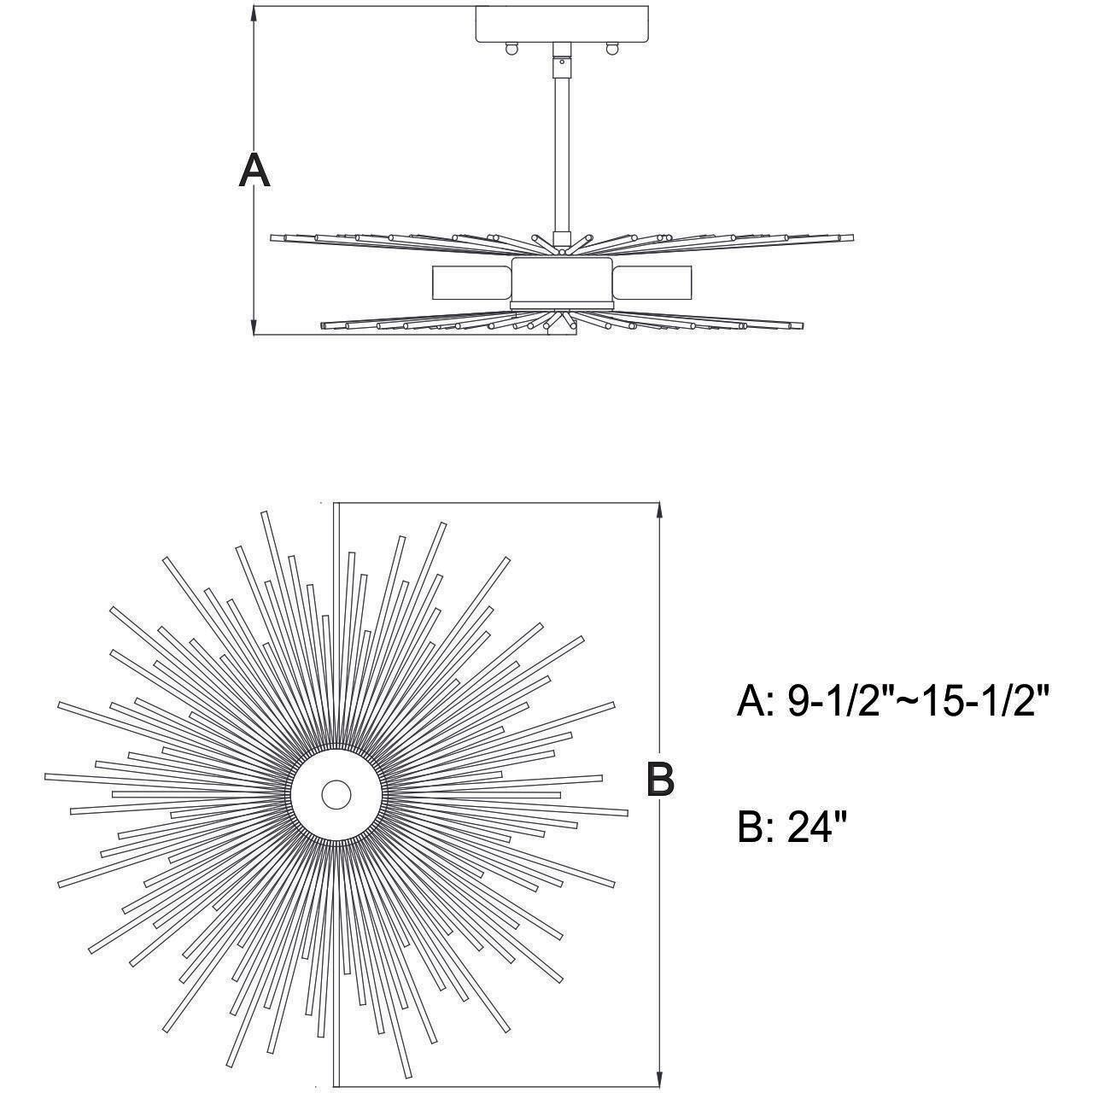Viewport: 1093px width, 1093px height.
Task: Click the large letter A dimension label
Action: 254,170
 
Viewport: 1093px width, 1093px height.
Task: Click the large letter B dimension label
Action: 659,778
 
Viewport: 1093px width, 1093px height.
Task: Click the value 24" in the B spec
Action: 816,827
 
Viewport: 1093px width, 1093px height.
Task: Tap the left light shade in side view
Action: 471,282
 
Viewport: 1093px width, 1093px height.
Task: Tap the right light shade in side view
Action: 652,282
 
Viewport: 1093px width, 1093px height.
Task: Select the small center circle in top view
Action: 336,794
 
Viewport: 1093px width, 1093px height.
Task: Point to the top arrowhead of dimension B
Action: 659,511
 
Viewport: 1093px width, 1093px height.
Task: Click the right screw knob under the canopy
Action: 611,50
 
